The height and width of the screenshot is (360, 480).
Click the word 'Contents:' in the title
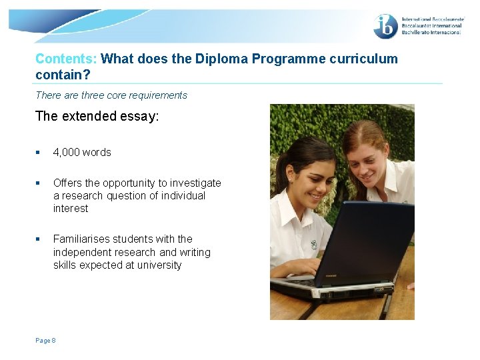coord(66,59)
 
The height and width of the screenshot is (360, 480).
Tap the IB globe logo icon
coord(386,27)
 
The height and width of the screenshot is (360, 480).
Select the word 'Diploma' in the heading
coord(220,59)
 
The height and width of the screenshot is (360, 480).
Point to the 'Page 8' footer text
coord(45,341)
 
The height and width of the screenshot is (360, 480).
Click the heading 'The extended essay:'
coord(97,116)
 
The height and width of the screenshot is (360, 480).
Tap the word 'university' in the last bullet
coord(159,265)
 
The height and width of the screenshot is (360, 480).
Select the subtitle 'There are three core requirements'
coord(111,95)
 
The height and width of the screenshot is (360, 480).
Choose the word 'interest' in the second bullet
coord(71,208)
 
